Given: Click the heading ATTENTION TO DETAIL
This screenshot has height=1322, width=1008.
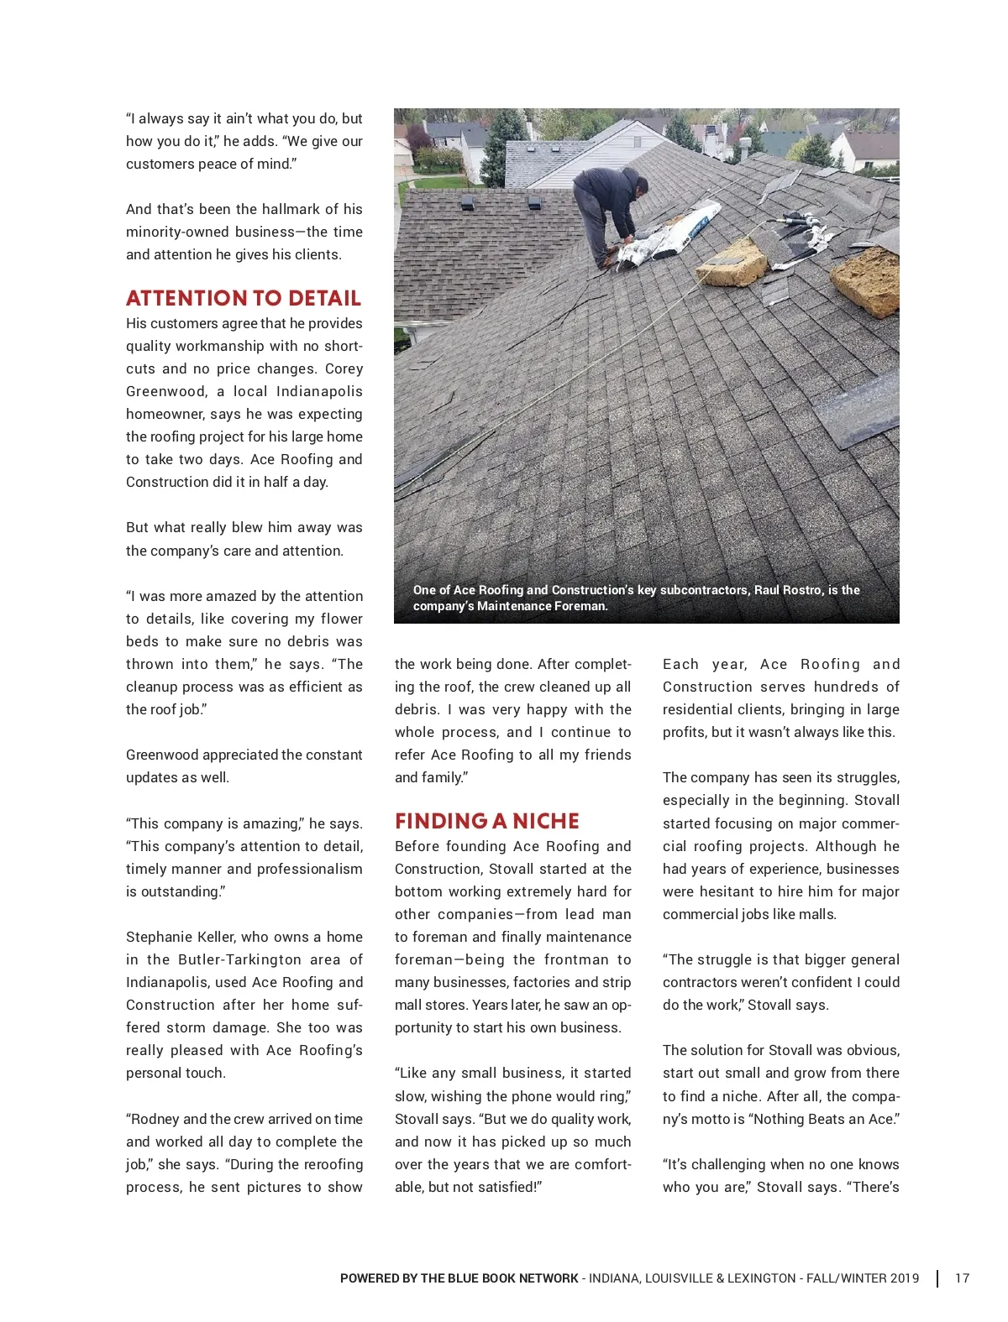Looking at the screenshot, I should (x=244, y=299).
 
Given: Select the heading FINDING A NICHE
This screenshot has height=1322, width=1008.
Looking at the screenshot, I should (x=487, y=821).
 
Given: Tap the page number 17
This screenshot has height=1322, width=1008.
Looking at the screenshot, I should (x=962, y=1278).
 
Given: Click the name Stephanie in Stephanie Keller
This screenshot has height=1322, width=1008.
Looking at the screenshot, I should (x=160, y=937).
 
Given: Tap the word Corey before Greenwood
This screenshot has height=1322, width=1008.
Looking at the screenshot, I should (x=344, y=368).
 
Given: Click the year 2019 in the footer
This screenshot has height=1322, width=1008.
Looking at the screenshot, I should (x=904, y=1278).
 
